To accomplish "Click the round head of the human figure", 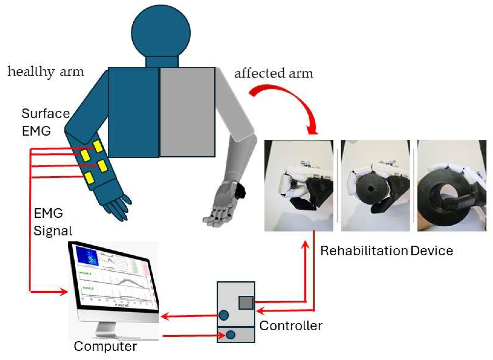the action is (161, 32).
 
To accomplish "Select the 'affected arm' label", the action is (274, 74).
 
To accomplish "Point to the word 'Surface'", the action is (46, 113).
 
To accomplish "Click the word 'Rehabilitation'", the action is (364, 251).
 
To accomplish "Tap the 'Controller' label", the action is (291, 326).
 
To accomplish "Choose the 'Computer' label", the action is (105, 346).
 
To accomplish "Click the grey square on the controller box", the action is (246, 303).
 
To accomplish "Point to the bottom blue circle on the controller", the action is (231, 335).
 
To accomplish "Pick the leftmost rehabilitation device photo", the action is (299, 185).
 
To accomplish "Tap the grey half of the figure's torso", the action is (187, 112).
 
